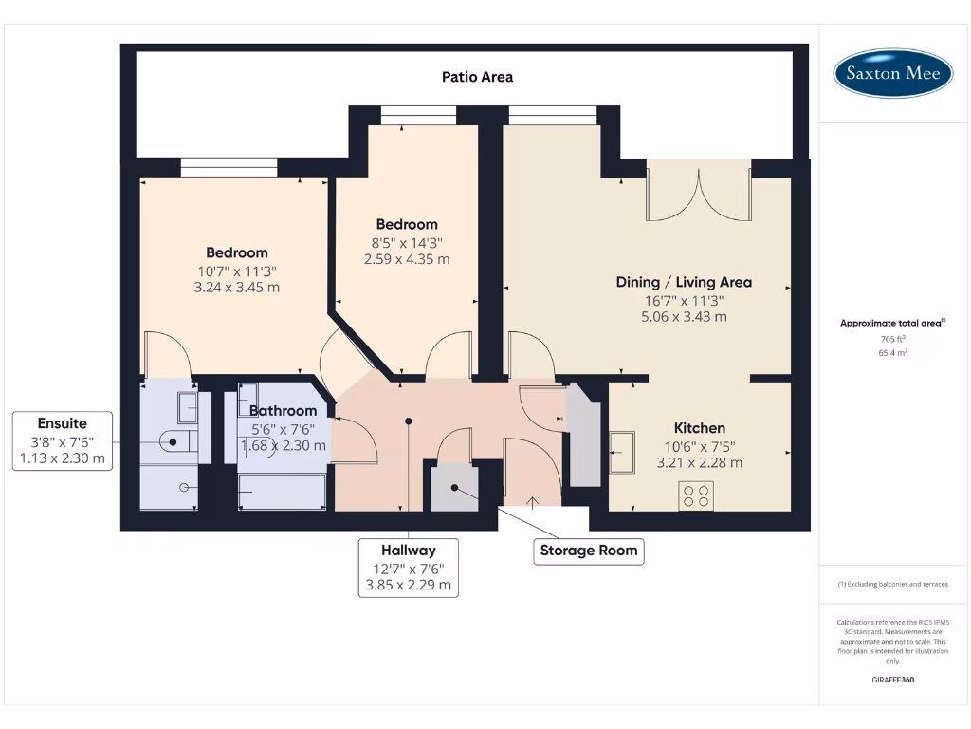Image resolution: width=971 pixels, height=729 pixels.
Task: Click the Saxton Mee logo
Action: (x=892, y=73)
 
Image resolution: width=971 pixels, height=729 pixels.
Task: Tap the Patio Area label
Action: (x=478, y=77)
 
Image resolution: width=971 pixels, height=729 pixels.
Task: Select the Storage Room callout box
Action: (x=589, y=551)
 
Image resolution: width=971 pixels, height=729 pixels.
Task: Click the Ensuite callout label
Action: (x=63, y=440)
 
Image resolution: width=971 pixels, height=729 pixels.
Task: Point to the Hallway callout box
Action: (x=409, y=568)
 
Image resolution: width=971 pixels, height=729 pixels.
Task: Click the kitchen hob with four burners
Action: (x=696, y=495)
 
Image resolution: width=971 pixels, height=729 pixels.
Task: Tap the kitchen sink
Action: (x=622, y=453)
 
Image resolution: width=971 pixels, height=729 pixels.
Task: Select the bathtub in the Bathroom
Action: (x=283, y=492)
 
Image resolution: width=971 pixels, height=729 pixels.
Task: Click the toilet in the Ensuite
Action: (x=177, y=442)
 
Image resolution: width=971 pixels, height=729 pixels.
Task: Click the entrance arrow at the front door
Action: (x=533, y=502)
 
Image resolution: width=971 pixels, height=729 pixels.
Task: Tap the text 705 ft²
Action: (x=893, y=339)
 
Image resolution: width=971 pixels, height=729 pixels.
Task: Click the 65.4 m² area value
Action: (x=893, y=353)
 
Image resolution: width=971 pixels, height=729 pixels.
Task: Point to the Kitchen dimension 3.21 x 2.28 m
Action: (x=700, y=462)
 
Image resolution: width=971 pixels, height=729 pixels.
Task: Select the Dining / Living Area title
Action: (x=684, y=282)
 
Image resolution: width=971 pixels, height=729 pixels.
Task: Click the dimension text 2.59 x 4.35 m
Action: (x=407, y=259)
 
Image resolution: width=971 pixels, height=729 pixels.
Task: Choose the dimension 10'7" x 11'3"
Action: (x=237, y=271)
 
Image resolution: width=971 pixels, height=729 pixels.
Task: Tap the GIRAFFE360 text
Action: (x=893, y=680)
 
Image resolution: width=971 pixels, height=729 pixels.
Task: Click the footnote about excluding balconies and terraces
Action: (x=893, y=584)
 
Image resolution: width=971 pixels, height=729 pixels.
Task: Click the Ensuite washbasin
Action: (x=188, y=407)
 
